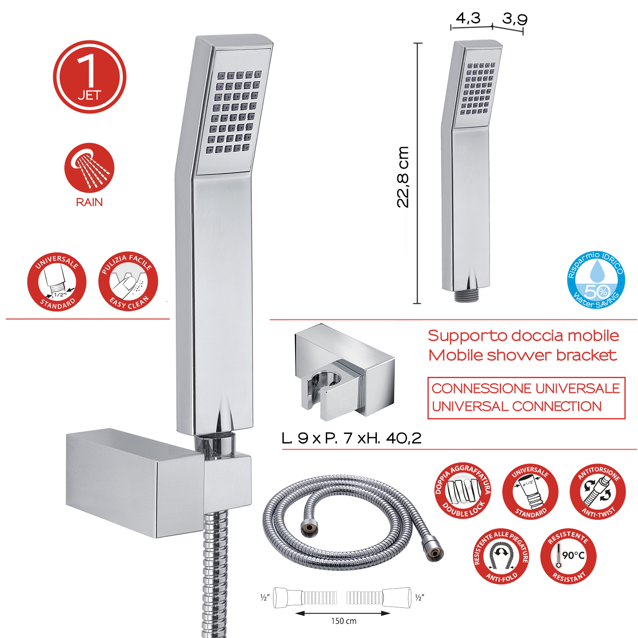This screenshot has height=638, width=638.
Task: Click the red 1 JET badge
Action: (x=89, y=77)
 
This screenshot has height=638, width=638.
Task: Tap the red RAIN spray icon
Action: (x=89, y=168)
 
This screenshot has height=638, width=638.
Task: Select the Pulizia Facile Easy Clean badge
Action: (x=128, y=281)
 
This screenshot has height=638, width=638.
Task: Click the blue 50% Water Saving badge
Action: (x=596, y=279)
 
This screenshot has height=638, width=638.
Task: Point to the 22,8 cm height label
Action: (x=403, y=177)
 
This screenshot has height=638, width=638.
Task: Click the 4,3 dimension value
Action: (x=468, y=18)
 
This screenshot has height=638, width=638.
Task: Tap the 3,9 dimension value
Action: (x=515, y=19)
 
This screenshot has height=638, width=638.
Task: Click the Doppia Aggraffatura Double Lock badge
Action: (x=463, y=490)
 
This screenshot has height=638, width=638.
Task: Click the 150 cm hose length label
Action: (x=344, y=621)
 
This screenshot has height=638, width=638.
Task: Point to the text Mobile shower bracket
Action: (x=522, y=355)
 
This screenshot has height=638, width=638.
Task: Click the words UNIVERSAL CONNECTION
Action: (x=516, y=406)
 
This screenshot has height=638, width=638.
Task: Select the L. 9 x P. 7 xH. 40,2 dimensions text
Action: (x=351, y=438)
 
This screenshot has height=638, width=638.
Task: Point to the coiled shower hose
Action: (x=353, y=522)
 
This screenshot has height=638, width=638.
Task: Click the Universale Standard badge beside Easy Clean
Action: (x=57, y=281)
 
